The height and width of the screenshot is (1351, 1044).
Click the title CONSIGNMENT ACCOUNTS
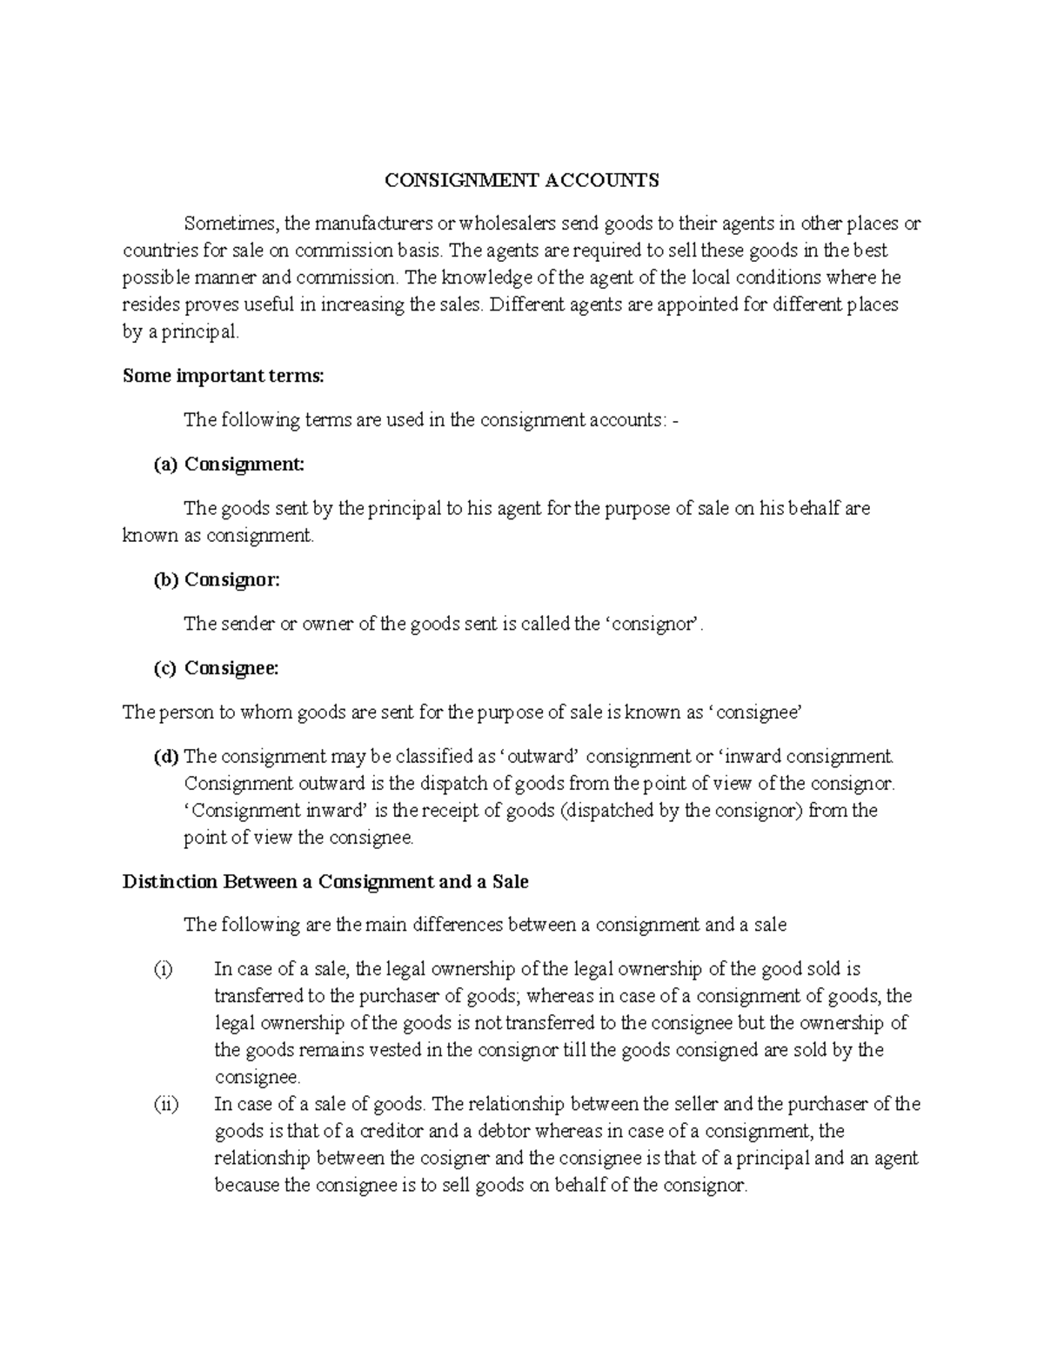[522, 180]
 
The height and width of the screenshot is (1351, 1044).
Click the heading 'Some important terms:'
[223, 376]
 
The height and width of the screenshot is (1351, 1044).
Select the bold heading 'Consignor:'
[232, 579]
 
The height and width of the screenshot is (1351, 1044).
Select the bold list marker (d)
[166, 756]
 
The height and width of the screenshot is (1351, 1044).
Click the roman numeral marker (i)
[163, 969]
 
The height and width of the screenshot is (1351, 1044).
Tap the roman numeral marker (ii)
[165, 1105]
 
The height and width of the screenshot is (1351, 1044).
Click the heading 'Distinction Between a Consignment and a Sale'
[325, 881]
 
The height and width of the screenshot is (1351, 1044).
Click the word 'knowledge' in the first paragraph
[485, 278]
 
